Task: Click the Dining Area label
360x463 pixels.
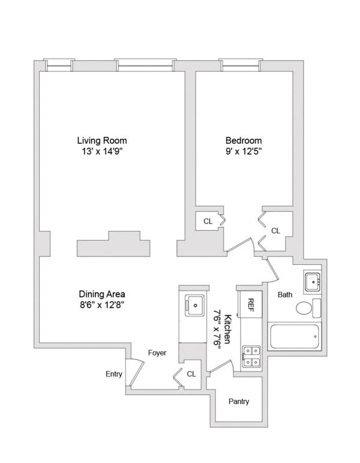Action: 102,294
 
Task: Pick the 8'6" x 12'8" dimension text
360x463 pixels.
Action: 102,305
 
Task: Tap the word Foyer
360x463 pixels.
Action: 157,353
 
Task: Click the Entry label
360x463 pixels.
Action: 114,374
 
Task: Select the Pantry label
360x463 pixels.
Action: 238,402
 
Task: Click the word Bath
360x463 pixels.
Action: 284,295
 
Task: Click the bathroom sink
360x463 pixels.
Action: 314,281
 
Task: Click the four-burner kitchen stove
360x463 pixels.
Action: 251,356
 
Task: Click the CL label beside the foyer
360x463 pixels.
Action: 191,374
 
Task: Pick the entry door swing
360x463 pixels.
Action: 136,372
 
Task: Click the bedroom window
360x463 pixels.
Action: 241,64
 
